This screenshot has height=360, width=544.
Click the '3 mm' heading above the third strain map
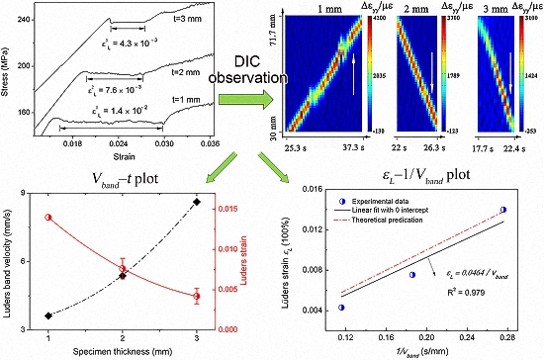click(x=482, y=7)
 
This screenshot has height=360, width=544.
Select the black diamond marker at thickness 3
click(x=197, y=202)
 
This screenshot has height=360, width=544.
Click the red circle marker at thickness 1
click(x=48, y=218)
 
